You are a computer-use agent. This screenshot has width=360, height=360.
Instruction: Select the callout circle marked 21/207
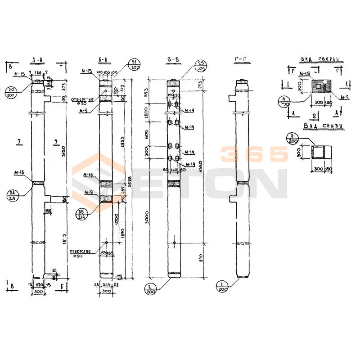[134, 65]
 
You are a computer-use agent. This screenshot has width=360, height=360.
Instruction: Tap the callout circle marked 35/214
[81, 213]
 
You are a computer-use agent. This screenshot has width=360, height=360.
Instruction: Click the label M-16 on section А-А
[19, 172]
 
